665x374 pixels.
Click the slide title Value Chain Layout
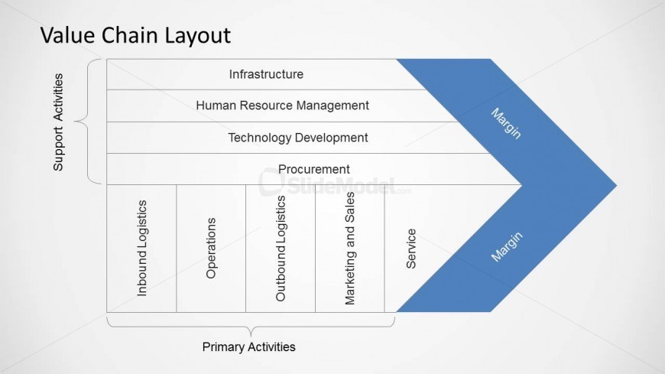135,35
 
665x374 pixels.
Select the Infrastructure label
266,74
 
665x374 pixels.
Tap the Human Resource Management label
282,106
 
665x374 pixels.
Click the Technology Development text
297,138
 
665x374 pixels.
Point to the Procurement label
313,169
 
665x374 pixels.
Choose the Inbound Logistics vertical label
141,249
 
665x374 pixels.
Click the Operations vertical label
211,249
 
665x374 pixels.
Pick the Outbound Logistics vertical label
281,249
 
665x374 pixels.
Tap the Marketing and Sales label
350,249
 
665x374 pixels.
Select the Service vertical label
411,249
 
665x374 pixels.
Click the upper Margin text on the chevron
506,122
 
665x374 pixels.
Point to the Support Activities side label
59,122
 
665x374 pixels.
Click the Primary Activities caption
248,347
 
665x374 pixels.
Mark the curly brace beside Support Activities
92,122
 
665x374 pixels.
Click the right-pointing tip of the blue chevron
611,185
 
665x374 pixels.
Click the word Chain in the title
124,35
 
